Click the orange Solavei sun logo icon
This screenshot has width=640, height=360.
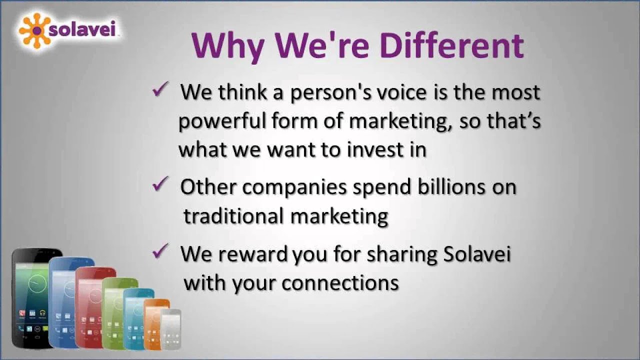tap(35, 30)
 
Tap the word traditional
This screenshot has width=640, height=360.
tap(233, 216)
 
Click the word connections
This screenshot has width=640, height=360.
tap(340, 283)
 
